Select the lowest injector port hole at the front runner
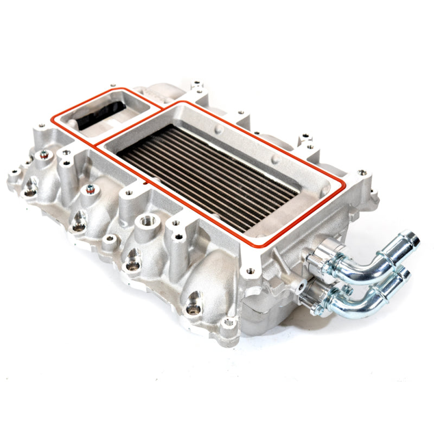(192, 309)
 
